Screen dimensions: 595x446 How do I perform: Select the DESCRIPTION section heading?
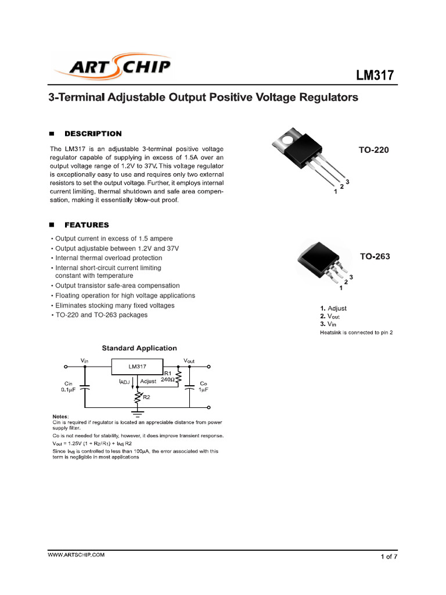coord(93,134)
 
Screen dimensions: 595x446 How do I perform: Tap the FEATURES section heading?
coord(87,225)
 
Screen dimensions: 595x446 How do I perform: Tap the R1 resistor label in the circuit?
coord(167,372)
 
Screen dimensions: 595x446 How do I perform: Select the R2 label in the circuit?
coord(146,397)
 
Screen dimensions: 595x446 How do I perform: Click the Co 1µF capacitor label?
coord(203,386)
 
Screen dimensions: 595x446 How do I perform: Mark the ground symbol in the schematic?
coord(138,414)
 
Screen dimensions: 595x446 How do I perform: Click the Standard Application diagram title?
coord(139,348)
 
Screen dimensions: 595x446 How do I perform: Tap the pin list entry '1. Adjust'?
coord(333,309)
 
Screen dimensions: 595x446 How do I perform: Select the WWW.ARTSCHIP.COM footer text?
coord(76,555)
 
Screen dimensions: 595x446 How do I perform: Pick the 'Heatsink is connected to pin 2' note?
coord(356,333)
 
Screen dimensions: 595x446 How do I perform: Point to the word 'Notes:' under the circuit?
coord(59,417)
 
